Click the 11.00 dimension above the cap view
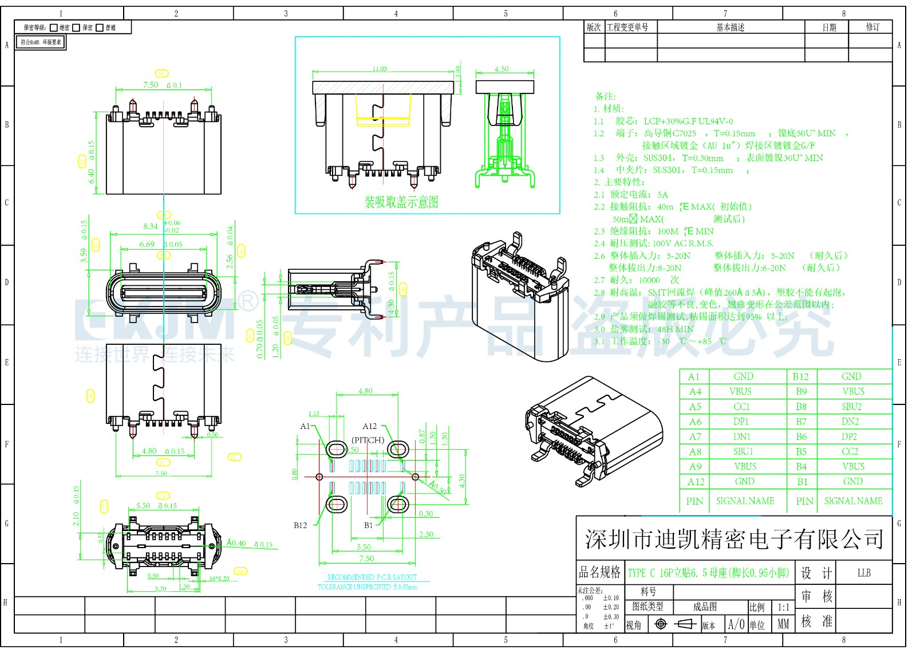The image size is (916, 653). (380, 69)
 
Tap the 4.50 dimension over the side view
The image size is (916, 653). (502, 69)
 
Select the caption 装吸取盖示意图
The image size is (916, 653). (401, 202)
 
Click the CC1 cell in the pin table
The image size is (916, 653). (741, 407)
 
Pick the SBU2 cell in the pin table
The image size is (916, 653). (851, 407)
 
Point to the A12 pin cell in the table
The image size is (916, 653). (696, 482)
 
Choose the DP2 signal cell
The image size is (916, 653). (850, 436)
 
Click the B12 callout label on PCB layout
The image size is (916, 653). (301, 525)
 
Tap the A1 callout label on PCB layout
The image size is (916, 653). (305, 426)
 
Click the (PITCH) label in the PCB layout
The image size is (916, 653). (368, 440)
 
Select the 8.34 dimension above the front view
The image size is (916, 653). (151, 226)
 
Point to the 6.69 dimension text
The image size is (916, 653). (147, 245)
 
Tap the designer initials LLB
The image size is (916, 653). (864, 573)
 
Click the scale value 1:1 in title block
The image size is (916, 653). (783, 607)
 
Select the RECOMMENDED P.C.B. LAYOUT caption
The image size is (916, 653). (372, 577)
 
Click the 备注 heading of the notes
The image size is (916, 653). (605, 96)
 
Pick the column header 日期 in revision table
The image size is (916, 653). (829, 27)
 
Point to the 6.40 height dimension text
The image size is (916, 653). (92, 175)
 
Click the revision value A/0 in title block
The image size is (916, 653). (736, 624)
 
